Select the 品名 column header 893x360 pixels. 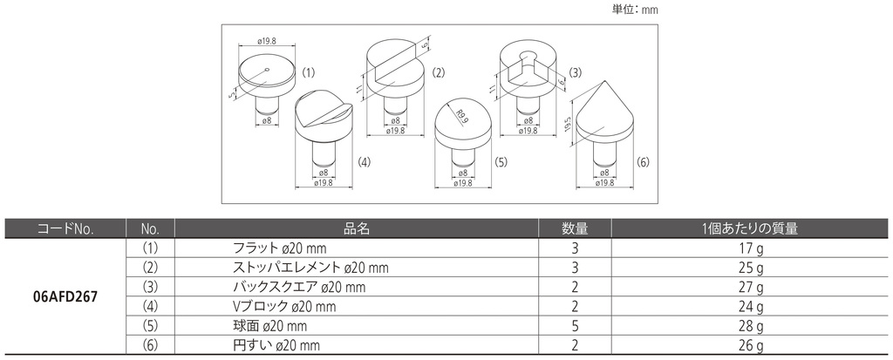point(357,229)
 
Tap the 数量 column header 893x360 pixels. point(575,229)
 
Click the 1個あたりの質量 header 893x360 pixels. point(749,229)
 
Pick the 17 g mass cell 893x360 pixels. point(749,248)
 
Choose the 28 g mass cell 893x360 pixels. point(749,326)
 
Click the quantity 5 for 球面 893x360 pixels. point(575,326)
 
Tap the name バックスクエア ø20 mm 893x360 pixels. point(299,287)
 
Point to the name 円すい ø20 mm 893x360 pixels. point(276,345)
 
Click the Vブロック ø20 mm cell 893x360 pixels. point(284,307)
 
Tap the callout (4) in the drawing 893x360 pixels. point(364,162)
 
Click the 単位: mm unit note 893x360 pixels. point(635,10)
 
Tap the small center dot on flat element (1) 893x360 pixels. point(267,71)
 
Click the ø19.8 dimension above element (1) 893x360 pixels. point(267,40)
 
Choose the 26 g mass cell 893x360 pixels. point(749,345)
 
